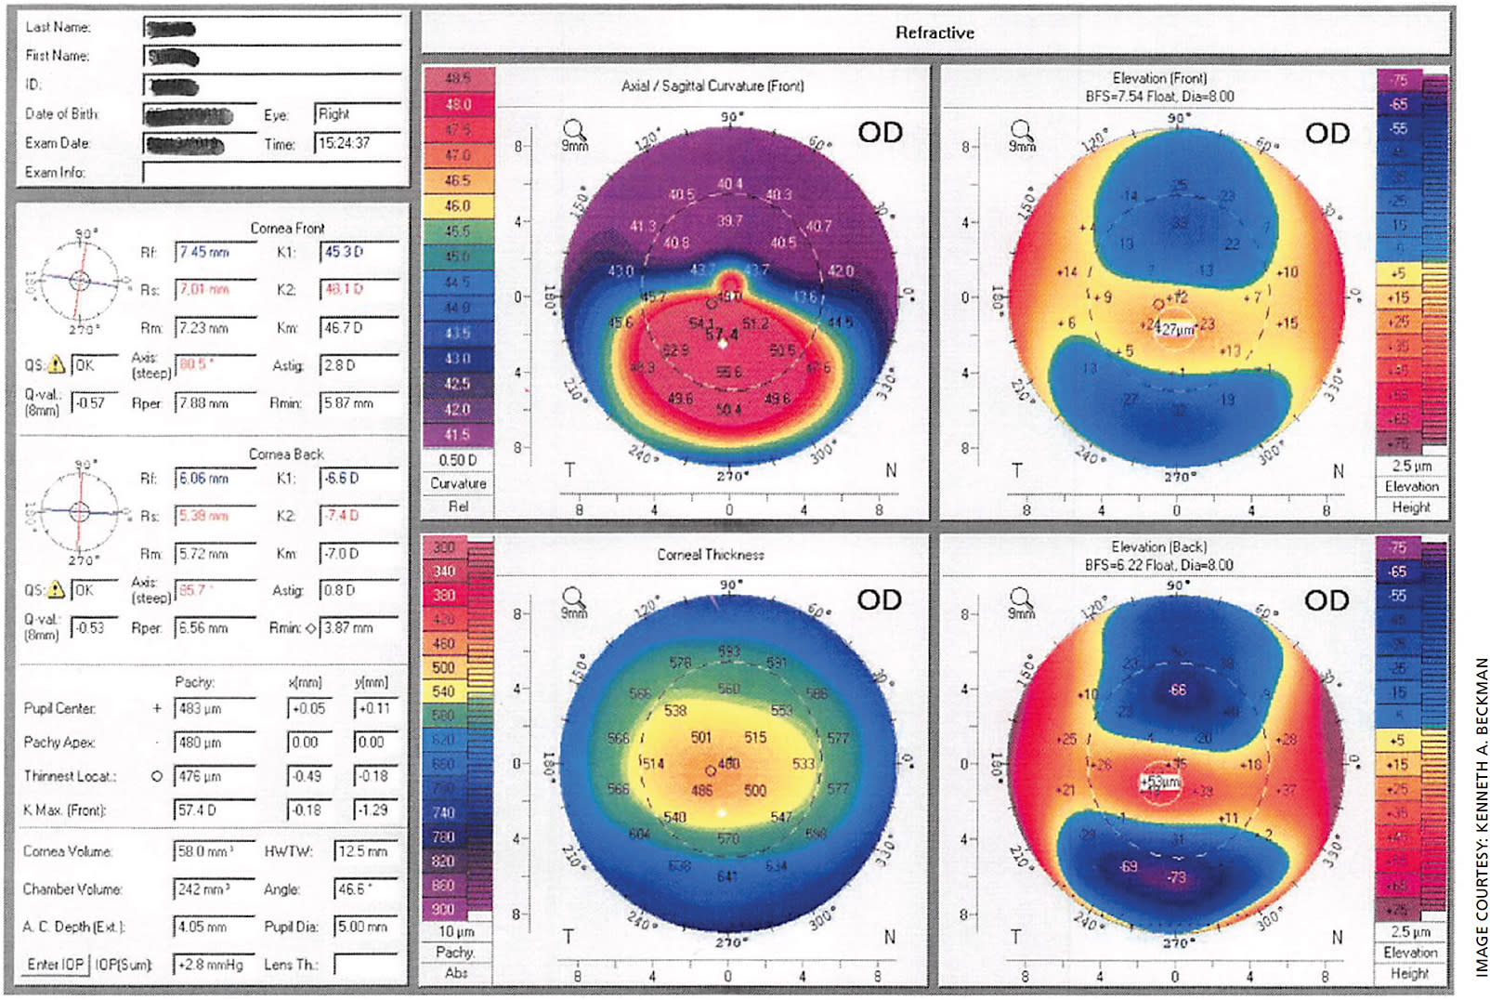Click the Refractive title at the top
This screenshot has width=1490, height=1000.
[x=935, y=33]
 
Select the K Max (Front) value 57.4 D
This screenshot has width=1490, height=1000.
[x=213, y=810]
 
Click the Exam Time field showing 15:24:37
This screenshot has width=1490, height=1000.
[x=357, y=143]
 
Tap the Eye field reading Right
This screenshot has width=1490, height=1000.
[x=357, y=114]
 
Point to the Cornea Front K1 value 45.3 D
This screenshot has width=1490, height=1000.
[x=358, y=252]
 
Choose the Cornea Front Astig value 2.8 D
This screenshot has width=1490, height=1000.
[x=358, y=365]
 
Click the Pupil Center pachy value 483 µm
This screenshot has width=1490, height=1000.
[x=213, y=709]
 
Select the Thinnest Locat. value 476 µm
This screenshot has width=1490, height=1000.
[x=213, y=777]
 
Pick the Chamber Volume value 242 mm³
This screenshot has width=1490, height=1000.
[x=213, y=889]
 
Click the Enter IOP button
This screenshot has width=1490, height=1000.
[x=55, y=965]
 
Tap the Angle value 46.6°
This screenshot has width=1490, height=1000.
[x=365, y=889]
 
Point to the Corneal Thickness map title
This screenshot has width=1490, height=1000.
[x=711, y=555]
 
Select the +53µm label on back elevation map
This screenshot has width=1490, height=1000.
[x=1159, y=783]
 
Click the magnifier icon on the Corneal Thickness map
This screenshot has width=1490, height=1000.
[x=574, y=598]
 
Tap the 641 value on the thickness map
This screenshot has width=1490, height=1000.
[x=726, y=876]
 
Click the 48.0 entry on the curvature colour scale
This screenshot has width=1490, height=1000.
[x=459, y=105]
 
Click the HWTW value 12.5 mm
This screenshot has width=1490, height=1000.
[x=365, y=851]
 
